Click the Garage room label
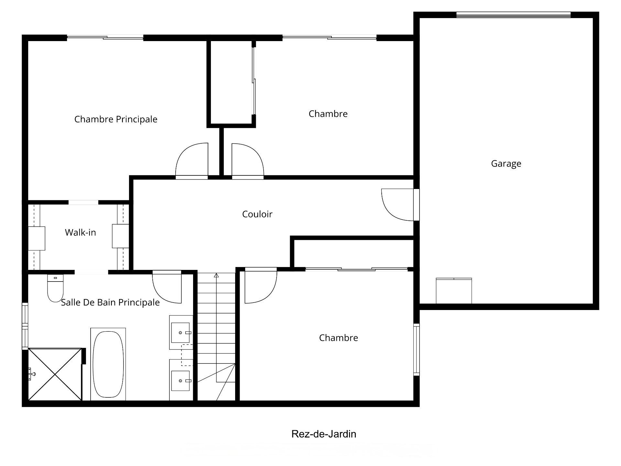click(x=506, y=164)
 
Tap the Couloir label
click(x=257, y=214)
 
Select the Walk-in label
click(x=80, y=232)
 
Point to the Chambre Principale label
click(x=116, y=119)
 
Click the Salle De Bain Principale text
click(x=110, y=303)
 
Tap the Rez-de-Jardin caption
click(x=324, y=434)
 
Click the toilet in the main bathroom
click(x=55, y=288)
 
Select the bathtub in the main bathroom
click(x=108, y=364)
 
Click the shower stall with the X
click(x=55, y=374)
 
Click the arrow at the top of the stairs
click(x=216, y=275)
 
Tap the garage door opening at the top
click(x=514, y=15)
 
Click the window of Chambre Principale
click(x=105, y=38)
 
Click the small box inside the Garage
click(x=454, y=291)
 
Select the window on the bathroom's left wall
click(x=25, y=326)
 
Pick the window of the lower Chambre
click(x=417, y=349)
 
